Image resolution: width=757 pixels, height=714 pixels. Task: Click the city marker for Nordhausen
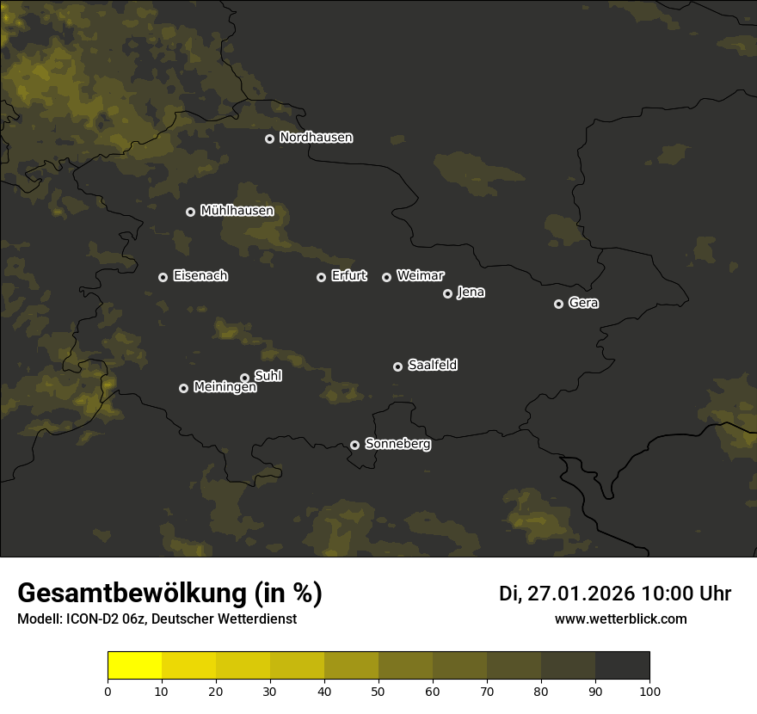click(x=269, y=138)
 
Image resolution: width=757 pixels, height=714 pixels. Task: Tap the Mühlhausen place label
click(x=237, y=211)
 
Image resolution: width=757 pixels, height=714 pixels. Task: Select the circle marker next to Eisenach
click(x=163, y=277)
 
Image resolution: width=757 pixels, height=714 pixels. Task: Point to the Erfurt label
click(x=348, y=276)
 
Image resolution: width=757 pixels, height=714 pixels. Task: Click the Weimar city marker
click(x=386, y=277)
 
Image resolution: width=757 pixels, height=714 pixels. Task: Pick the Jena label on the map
click(x=471, y=292)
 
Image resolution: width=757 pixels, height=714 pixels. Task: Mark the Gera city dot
click(x=558, y=304)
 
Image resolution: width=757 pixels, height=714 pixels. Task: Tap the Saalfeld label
click(x=432, y=366)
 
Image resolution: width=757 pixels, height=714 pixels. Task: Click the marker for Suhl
click(x=244, y=378)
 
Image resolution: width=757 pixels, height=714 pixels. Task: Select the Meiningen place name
click(x=225, y=388)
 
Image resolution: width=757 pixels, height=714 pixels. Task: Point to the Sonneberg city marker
click(x=354, y=445)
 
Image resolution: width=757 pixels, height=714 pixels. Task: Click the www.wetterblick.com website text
click(x=620, y=619)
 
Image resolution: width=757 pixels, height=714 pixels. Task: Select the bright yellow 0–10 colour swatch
click(x=134, y=666)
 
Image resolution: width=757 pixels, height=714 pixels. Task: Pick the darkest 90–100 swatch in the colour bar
click(x=622, y=666)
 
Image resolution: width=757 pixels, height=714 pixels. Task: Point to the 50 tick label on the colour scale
click(x=378, y=691)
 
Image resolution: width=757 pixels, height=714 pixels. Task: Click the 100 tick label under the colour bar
click(x=649, y=691)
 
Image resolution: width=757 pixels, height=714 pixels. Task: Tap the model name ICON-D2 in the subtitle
click(x=88, y=619)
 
